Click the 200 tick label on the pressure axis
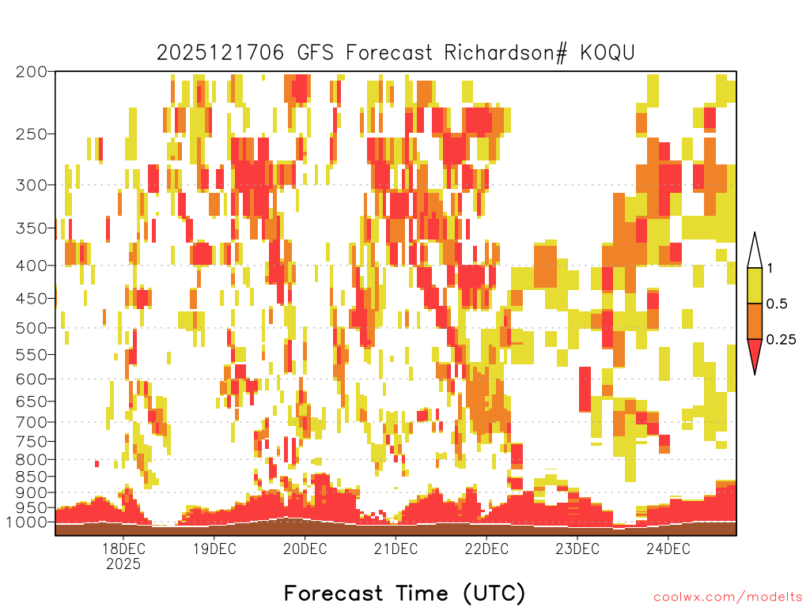click(31, 72)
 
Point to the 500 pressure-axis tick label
click(31, 328)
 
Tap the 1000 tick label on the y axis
click(26, 522)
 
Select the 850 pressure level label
click(31, 477)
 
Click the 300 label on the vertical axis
click(31, 185)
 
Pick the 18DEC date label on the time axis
click(123, 549)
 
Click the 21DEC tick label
click(396, 549)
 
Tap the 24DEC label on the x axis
click(668, 549)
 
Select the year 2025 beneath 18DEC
click(123, 564)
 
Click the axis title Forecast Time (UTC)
click(404, 594)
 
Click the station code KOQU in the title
click(607, 53)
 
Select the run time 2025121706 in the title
click(221, 53)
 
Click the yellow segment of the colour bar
click(755, 285)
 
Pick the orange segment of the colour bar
click(755, 321)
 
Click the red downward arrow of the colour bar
click(755, 355)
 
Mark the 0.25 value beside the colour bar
click(781, 340)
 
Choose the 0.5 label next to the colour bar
click(777, 304)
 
